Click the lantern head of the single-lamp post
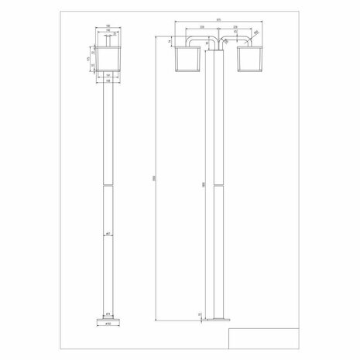point(105,61)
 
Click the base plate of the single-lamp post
point(105,318)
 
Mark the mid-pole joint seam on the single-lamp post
point(105,185)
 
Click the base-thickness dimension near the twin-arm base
point(200,314)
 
